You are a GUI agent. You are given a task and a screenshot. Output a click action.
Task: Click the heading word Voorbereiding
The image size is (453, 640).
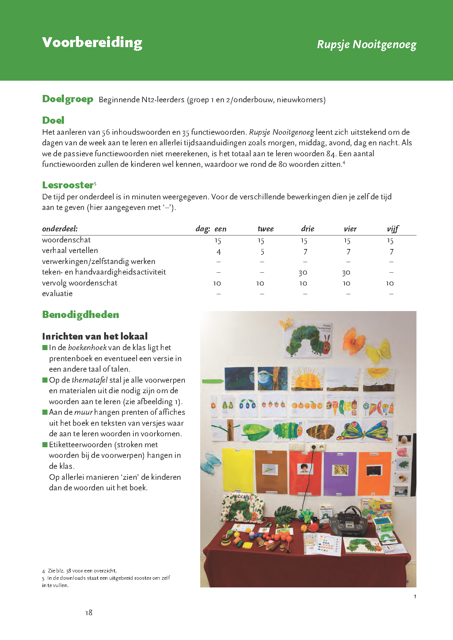pyautogui.click(x=92, y=43)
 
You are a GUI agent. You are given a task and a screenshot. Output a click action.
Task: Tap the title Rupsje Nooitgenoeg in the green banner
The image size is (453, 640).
pyautogui.click(x=366, y=45)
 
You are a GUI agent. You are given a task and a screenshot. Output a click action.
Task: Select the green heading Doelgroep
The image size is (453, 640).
pyautogui.click(x=68, y=99)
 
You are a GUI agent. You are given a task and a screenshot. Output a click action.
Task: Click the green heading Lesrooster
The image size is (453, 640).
pyautogui.click(x=68, y=185)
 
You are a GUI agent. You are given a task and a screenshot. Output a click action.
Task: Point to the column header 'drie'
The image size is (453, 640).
pyautogui.click(x=308, y=229)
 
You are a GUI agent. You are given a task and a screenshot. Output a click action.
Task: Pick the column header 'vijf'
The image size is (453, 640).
pyautogui.click(x=393, y=229)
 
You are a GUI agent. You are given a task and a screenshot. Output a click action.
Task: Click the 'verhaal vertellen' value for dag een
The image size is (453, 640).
pyautogui.click(x=218, y=252)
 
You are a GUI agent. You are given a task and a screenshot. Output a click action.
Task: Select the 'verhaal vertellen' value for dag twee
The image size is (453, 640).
pyautogui.click(x=262, y=252)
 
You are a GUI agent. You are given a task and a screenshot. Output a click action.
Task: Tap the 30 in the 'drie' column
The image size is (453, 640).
pyautogui.click(x=303, y=272)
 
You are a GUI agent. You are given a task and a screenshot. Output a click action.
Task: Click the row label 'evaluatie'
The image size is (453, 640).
pyautogui.click(x=57, y=294)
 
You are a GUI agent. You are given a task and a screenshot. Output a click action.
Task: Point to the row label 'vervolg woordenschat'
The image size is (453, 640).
pyautogui.click(x=80, y=283)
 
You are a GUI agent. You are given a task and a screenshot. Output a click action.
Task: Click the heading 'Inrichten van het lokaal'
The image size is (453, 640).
pyautogui.click(x=95, y=336)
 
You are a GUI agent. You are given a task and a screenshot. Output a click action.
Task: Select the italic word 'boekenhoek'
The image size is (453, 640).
pyautogui.click(x=87, y=348)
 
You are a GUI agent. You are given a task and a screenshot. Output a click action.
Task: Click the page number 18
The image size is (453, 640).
pyautogui.click(x=89, y=613)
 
